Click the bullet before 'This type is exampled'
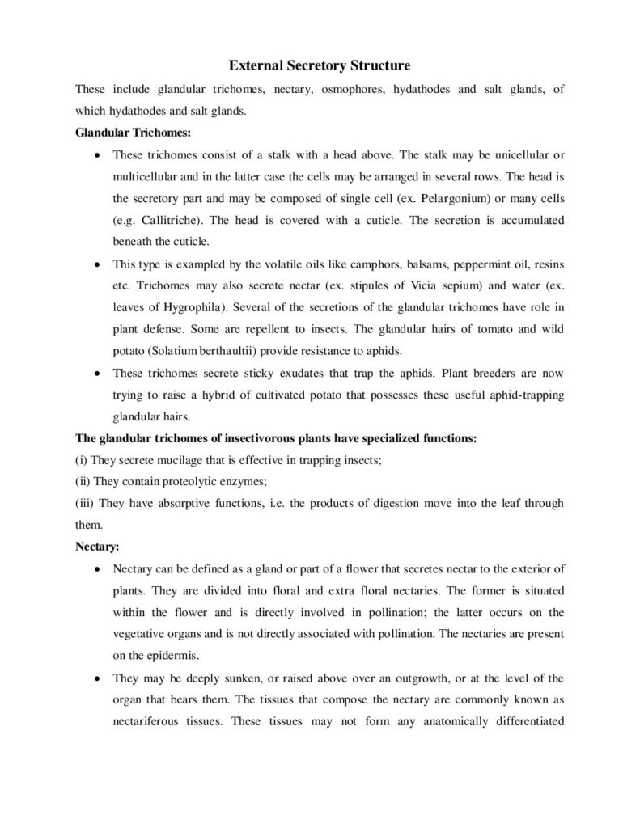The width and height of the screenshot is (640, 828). tap(97, 264)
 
